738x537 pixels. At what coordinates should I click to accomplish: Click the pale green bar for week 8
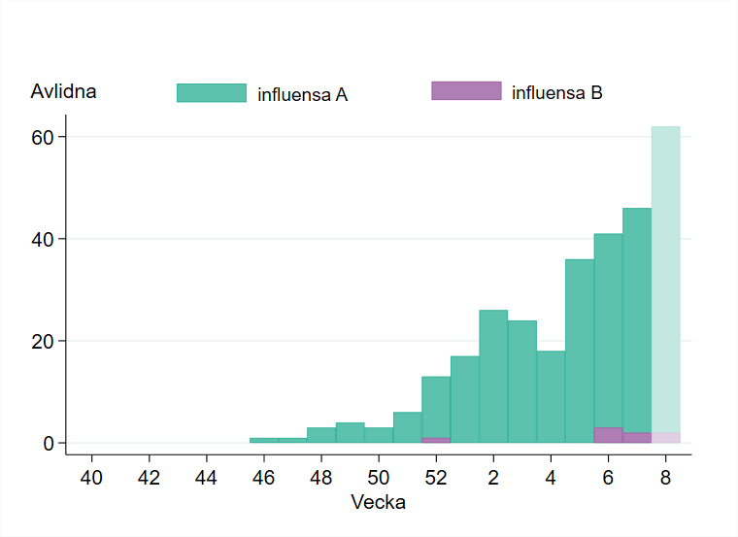665,282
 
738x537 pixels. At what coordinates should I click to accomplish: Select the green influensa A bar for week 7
637,320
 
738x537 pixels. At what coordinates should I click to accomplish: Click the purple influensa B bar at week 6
608,435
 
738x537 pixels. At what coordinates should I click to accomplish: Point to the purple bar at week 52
436,440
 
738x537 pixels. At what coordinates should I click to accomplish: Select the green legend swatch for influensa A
211,92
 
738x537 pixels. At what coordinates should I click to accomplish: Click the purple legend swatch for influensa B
466,91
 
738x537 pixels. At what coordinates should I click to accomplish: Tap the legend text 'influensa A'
302,94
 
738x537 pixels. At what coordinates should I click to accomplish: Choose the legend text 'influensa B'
556,93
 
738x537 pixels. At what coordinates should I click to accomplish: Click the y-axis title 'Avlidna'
63,93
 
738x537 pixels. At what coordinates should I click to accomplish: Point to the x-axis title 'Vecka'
379,503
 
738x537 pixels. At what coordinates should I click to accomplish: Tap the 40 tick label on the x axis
91,478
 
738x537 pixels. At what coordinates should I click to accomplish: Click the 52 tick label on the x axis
436,478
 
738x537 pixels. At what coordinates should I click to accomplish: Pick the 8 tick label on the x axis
665,478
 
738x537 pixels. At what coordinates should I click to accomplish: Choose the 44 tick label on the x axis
206,478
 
